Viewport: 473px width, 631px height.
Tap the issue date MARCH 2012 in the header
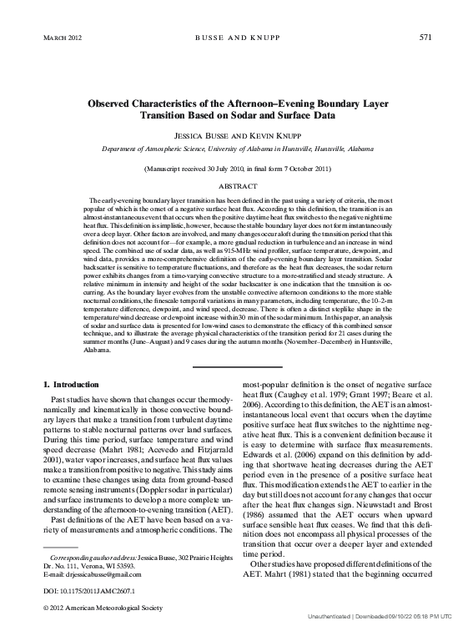click(61, 38)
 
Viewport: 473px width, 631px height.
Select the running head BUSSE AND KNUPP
click(236, 38)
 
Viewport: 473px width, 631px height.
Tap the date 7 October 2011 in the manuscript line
click(301, 169)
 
